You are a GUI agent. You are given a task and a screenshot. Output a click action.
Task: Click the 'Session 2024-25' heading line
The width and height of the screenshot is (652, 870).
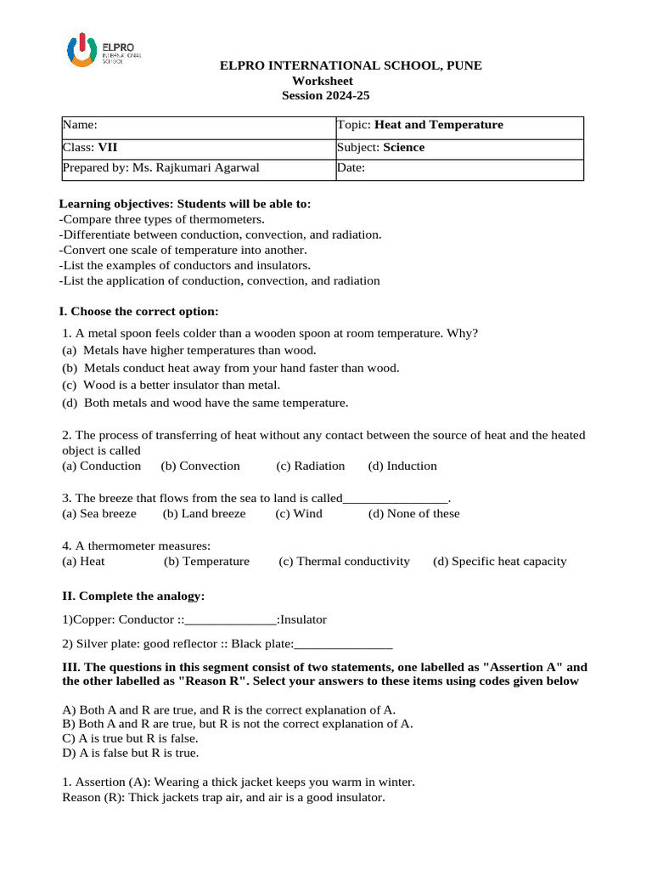[x=326, y=95]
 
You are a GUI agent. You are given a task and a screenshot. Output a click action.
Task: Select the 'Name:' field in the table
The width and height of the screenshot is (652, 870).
[x=198, y=126]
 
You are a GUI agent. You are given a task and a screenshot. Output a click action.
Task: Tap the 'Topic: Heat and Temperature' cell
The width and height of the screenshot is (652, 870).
[x=459, y=126]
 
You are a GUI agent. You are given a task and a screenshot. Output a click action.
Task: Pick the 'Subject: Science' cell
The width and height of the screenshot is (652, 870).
[x=459, y=148]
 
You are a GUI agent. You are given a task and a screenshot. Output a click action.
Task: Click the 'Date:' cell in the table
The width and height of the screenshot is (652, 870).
[x=459, y=168]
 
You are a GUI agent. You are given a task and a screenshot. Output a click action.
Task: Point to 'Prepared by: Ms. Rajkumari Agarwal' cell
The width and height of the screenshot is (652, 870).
[x=198, y=168]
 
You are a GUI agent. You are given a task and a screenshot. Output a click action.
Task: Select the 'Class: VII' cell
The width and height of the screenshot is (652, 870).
[x=198, y=148]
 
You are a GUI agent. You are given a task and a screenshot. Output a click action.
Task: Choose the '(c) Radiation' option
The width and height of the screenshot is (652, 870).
[x=310, y=466]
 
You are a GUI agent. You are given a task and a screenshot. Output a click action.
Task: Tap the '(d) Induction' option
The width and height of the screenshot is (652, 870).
[x=402, y=466]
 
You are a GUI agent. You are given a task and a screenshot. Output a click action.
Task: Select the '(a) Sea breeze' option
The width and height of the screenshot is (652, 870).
[x=99, y=514]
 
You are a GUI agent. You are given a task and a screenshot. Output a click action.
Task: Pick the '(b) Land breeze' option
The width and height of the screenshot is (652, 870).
[x=205, y=514]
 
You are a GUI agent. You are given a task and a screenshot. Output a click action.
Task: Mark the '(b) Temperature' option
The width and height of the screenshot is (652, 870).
[x=207, y=562]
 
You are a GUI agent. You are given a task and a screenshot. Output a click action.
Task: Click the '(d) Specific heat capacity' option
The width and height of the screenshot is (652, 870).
[x=499, y=562]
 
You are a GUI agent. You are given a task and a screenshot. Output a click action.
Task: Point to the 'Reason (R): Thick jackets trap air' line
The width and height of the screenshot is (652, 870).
[x=224, y=799]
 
